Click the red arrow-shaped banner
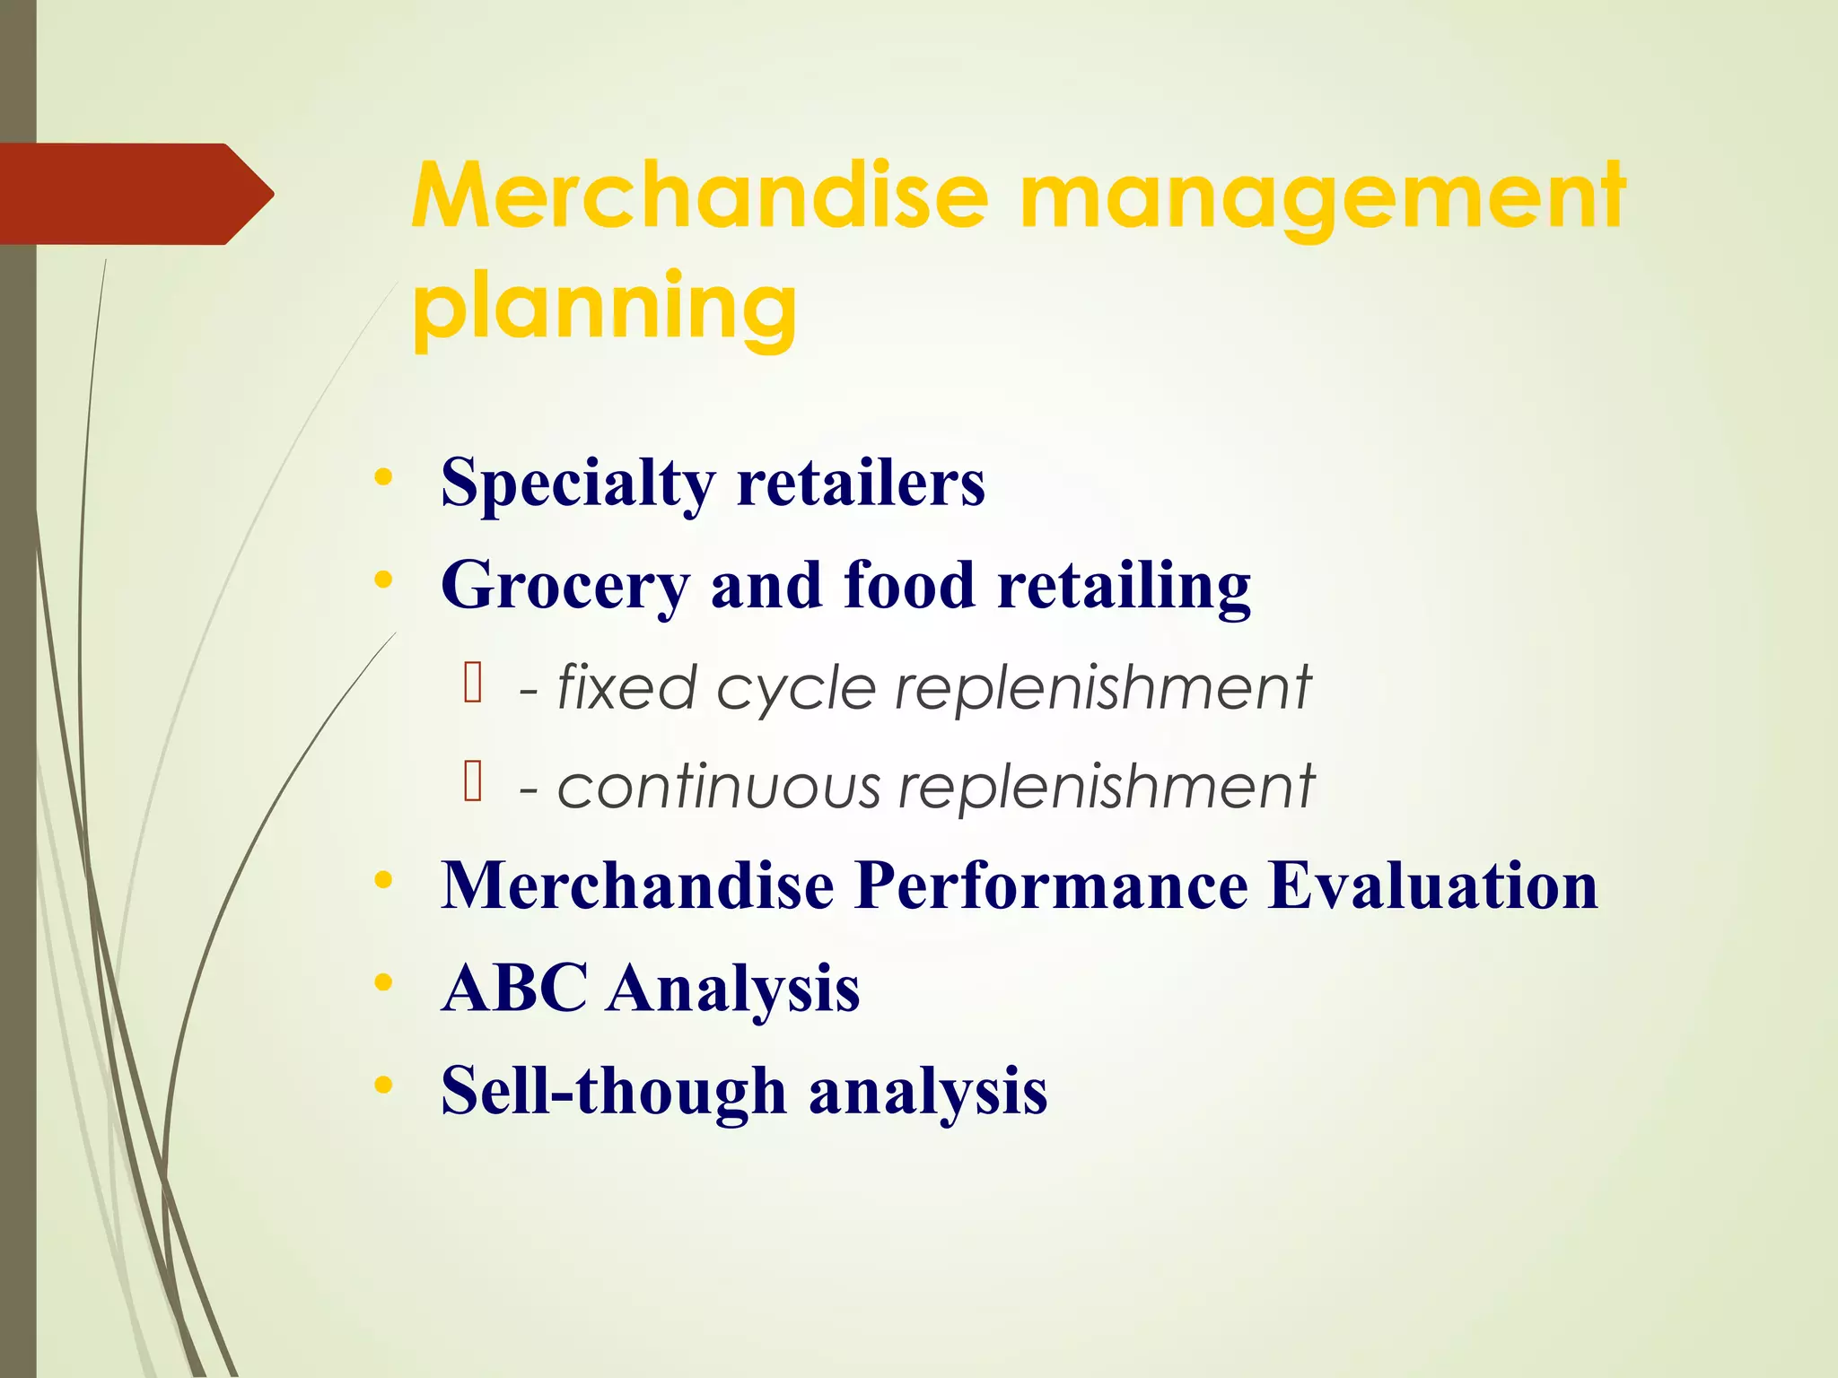(x=135, y=194)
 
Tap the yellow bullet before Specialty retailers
(x=383, y=477)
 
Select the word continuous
(x=719, y=787)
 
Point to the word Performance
(x=1050, y=886)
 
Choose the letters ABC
(x=514, y=988)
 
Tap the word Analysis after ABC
(x=732, y=990)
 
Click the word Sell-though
(x=613, y=1092)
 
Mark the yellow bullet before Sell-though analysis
(x=383, y=1085)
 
